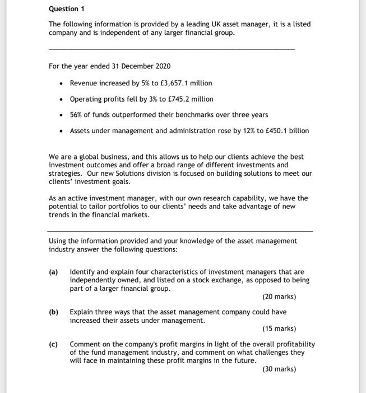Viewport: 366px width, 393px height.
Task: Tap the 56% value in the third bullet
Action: click(x=76, y=115)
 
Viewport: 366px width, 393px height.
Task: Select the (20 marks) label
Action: click(x=279, y=296)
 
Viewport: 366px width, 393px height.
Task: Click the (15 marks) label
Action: click(x=279, y=328)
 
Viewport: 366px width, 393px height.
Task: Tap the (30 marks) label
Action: click(x=279, y=369)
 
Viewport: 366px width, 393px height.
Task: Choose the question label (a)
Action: click(x=54, y=272)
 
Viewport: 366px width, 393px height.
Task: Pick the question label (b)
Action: click(x=54, y=312)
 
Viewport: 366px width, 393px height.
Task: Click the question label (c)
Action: click(x=54, y=344)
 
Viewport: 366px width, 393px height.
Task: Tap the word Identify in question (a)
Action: click(x=82, y=272)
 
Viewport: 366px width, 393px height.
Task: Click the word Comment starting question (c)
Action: click(x=86, y=344)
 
